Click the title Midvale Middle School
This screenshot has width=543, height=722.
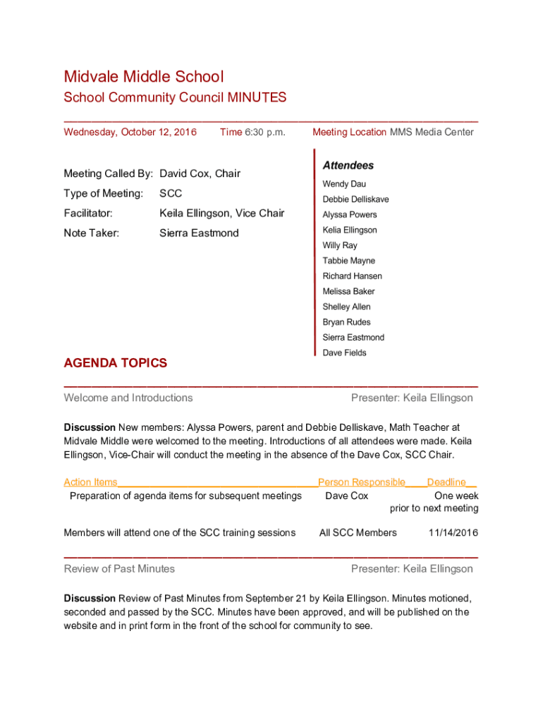[143, 76]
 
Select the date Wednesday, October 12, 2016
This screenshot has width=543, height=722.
[130, 132]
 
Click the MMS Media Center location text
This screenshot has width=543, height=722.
[432, 132]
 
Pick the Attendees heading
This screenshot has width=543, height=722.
[348, 166]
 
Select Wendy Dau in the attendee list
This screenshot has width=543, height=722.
[344, 184]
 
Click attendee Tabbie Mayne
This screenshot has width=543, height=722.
[348, 261]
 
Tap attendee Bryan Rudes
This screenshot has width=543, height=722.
[346, 322]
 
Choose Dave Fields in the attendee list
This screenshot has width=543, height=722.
[344, 353]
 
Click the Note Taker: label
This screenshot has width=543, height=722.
[92, 233]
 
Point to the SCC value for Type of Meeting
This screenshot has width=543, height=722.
[171, 193]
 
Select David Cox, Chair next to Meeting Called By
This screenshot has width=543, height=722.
[200, 173]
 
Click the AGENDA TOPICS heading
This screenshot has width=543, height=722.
[116, 363]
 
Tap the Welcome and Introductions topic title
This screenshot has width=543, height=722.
[128, 398]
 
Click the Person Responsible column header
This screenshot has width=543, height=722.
[362, 482]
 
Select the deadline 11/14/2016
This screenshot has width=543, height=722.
[453, 532]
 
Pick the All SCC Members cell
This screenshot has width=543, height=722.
[358, 532]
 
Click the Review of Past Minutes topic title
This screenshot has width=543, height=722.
[119, 568]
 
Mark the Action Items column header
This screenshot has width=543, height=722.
[90, 482]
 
